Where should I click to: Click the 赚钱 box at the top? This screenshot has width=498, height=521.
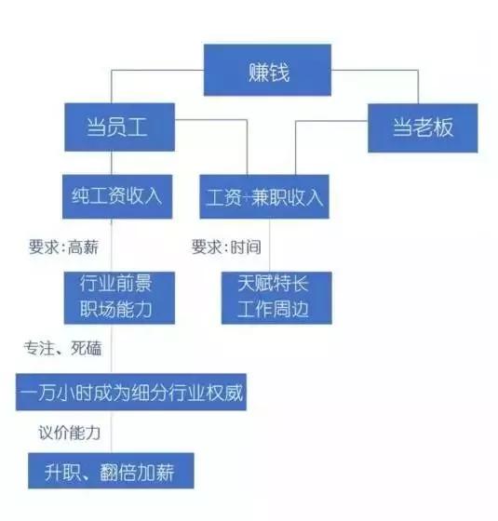pos(267,71)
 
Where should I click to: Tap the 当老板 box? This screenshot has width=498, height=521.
pos(423,127)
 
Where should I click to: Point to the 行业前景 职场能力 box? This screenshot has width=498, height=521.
pos(120,297)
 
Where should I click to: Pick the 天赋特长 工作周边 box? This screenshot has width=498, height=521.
pos(276,297)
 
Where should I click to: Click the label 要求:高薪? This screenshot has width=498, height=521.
pos(62,248)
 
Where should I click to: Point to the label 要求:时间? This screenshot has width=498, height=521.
pos(226,248)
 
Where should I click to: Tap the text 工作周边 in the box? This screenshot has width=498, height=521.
pos(276,310)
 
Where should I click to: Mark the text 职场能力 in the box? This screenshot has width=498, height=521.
pos(120,310)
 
